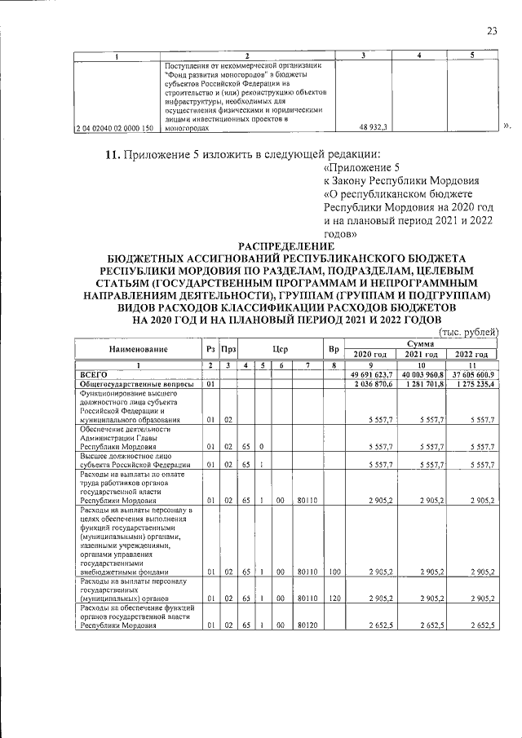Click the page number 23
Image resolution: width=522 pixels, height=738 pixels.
[x=492, y=31]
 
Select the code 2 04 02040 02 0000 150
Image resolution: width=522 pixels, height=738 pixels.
[x=113, y=128]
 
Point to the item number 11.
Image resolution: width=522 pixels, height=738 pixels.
[x=110, y=156]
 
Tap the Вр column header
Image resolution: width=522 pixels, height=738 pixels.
[x=333, y=349]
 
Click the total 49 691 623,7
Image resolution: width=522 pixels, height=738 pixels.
[x=372, y=374]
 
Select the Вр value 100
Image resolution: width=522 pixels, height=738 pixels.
[x=333, y=572]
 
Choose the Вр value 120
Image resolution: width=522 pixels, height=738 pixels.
[x=333, y=599]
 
